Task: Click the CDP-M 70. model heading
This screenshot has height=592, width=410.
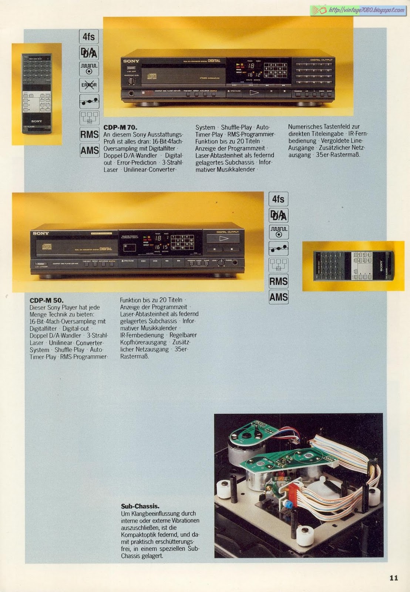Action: point(120,127)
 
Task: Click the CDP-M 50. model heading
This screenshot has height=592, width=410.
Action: point(47,300)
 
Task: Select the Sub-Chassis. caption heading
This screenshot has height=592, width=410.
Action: point(140,506)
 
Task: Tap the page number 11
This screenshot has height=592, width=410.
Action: point(393,578)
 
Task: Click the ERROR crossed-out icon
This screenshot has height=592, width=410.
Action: point(89,85)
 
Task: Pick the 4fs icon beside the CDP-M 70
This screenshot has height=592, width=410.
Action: point(89,37)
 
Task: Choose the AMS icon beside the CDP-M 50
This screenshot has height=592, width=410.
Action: point(279,297)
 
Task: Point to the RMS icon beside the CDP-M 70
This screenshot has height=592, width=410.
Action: point(89,134)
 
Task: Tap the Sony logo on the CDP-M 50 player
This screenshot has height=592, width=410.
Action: point(41,233)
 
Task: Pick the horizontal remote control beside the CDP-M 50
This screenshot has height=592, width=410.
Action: point(353,266)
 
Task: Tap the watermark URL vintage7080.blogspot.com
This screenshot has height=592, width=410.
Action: point(366,10)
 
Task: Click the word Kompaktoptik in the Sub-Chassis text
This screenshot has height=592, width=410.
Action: point(138,535)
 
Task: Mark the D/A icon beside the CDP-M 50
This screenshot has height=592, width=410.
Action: point(279,215)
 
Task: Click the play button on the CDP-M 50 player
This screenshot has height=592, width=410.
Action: point(223,239)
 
